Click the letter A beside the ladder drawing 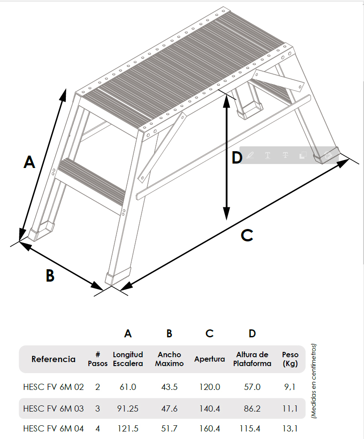30,162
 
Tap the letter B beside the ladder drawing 50,275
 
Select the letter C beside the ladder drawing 247,235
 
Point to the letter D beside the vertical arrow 237,157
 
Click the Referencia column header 53,359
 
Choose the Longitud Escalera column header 128,359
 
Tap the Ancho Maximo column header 169,359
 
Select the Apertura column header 209,359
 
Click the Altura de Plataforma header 252,359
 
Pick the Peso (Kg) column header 290,359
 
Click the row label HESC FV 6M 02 53,387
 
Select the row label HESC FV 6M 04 53,429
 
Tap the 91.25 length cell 128,408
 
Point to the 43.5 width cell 169,387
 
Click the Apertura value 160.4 209,429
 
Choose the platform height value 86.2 252,408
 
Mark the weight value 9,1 290,387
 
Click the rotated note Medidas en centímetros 314,381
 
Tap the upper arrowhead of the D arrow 227,101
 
